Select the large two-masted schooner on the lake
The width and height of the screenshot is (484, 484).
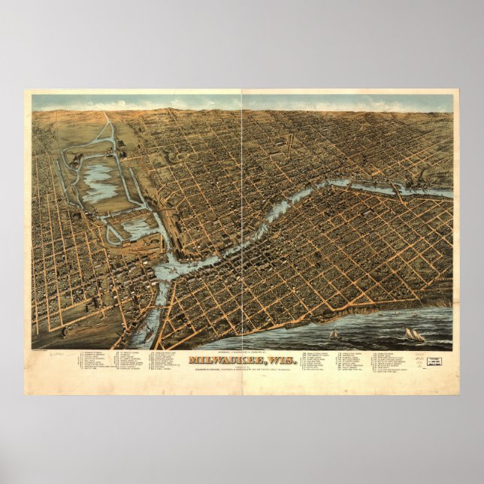[414, 334]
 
